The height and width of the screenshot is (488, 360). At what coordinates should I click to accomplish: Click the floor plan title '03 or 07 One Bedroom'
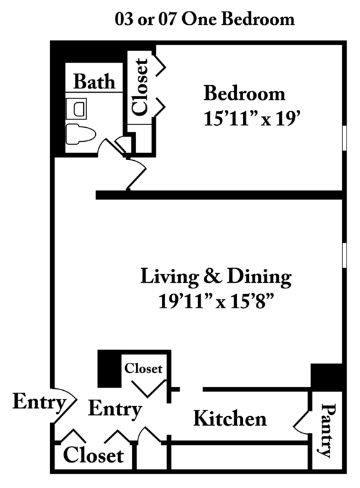[x=204, y=19]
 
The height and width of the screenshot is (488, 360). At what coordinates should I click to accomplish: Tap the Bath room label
[x=94, y=81]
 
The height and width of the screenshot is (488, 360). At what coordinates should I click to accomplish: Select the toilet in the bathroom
[x=81, y=134]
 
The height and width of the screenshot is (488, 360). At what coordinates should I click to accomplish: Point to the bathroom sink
[x=76, y=109]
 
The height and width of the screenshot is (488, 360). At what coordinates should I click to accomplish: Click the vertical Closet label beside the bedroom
[x=140, y=87]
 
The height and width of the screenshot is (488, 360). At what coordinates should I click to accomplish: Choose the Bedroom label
[x=244, y=93]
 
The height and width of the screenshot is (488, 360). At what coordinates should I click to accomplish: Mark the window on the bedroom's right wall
[x=344, y=138]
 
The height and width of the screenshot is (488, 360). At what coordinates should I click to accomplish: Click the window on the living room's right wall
[x=344, y=255]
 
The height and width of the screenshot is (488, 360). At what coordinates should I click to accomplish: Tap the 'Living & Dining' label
[x=216, y=276]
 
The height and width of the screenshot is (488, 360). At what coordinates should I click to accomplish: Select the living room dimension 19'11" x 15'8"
[x=217, y=301]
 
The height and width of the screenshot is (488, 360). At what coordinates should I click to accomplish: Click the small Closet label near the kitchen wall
[x=143, y=369]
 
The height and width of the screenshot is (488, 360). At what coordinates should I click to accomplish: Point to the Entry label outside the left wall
[x=39, y=403]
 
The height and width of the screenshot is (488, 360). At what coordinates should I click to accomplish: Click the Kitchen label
[x=230, y=418]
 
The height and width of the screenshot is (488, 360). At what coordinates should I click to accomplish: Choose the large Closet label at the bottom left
[x=93, y=455]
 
